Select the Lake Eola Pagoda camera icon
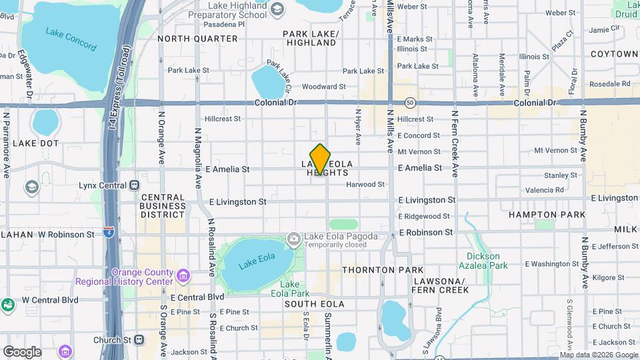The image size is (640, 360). pos(293,238)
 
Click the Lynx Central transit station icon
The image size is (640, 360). pos(135,185)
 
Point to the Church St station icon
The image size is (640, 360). pos(139,339)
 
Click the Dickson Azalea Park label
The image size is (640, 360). pos(484,261)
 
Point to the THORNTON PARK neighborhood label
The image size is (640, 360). pos(382,270)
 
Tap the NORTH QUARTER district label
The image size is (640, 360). pos(188,39)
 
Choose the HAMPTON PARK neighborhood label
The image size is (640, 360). pos(547,215)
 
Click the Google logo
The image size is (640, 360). pos(22,351)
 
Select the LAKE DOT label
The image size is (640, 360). pos(35,143)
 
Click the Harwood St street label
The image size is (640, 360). pos(365,184)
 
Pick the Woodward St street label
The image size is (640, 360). pos(323,87)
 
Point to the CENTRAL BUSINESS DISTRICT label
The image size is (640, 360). pos(163,206)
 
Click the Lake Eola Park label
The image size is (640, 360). pos(294,289)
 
